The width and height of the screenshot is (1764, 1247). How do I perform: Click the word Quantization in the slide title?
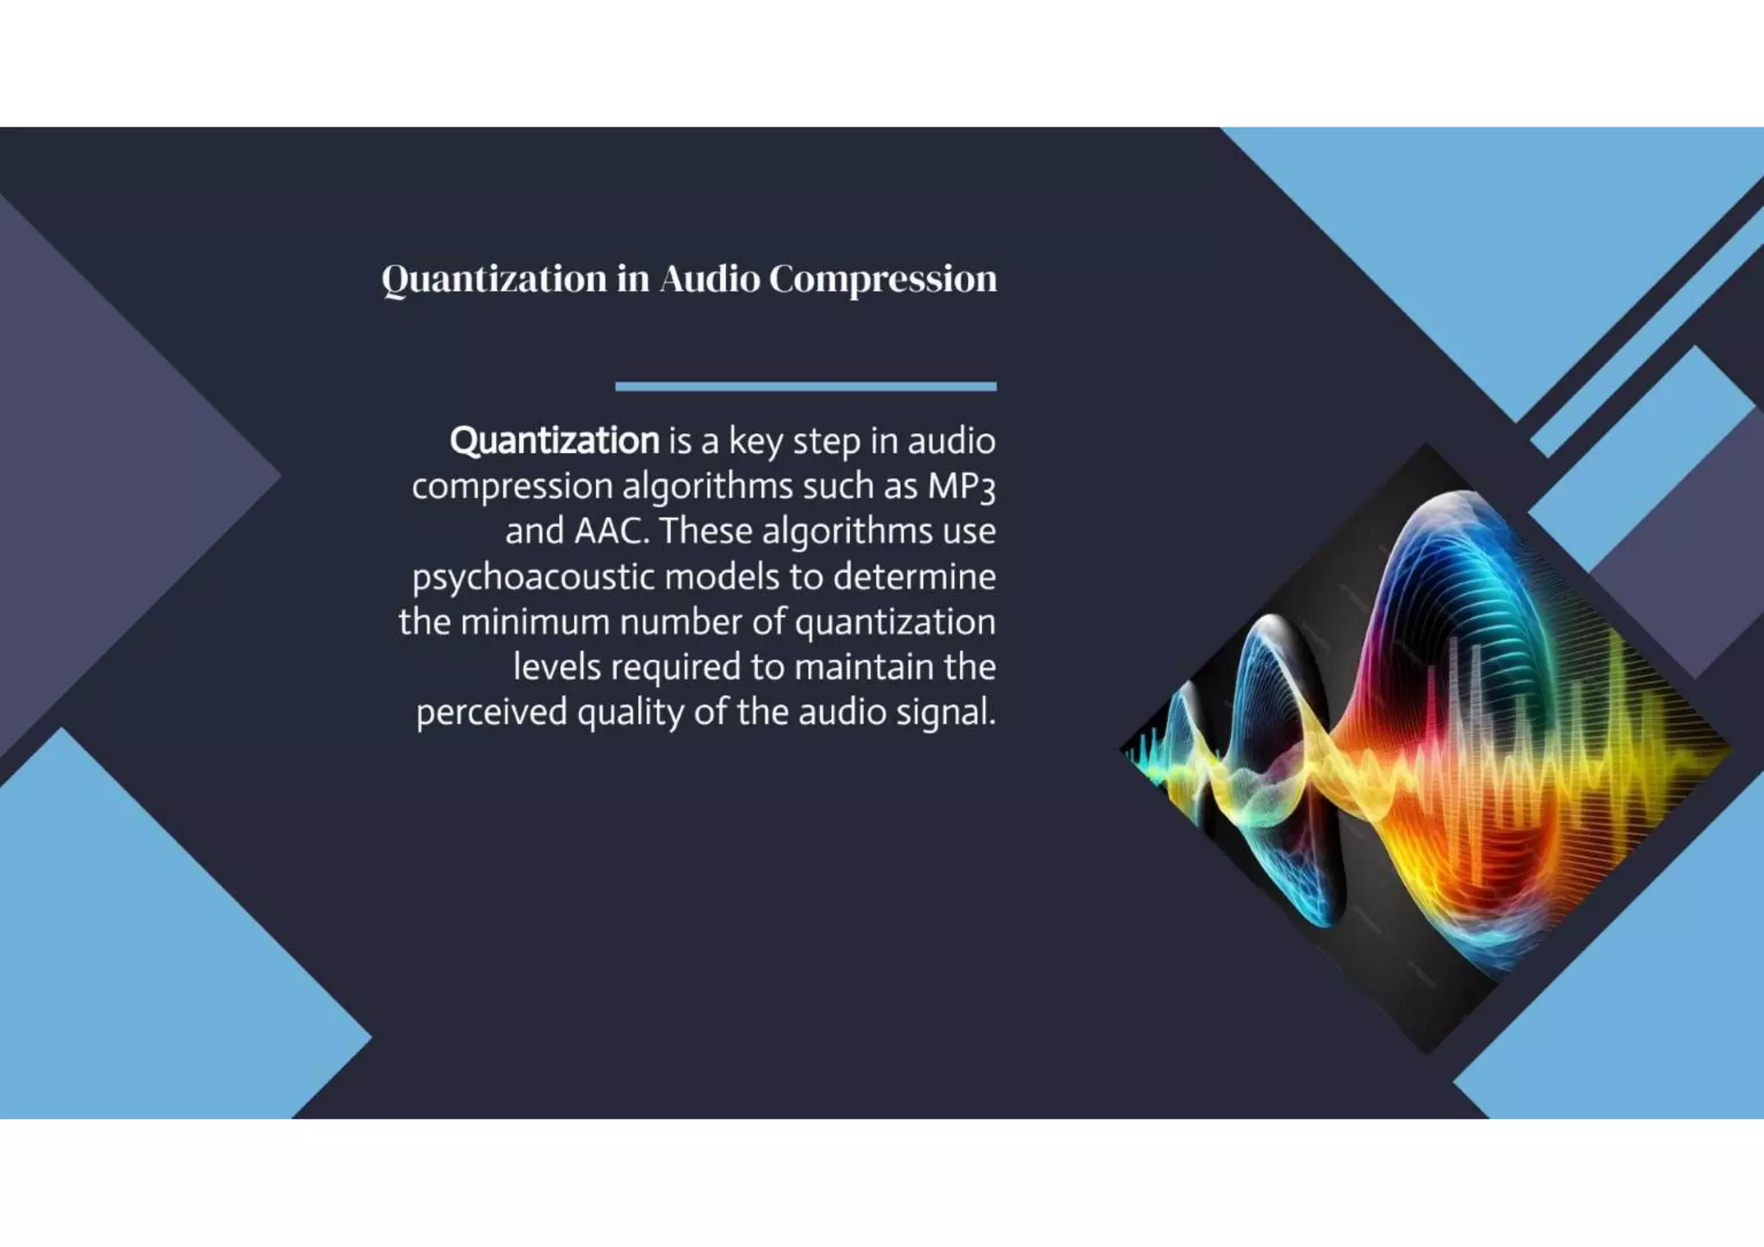pos(494,279)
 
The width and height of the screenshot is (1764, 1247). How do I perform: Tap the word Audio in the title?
pos(710,279)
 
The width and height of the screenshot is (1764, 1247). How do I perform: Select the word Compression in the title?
pos(883,279)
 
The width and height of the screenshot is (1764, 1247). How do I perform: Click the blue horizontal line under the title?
pos(805,387)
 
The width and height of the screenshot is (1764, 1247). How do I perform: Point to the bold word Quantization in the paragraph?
pos(554,441)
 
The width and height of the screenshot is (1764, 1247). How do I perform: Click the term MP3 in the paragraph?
pos(960,487)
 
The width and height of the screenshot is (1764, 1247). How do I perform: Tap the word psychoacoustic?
pos(533,577)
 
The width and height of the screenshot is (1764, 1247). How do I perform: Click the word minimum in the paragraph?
pos(535,622)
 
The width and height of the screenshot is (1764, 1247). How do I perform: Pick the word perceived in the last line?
pos(491,712)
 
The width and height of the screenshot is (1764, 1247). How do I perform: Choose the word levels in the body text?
pos(556,667)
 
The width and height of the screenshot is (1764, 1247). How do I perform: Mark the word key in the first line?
pos(755,441)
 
